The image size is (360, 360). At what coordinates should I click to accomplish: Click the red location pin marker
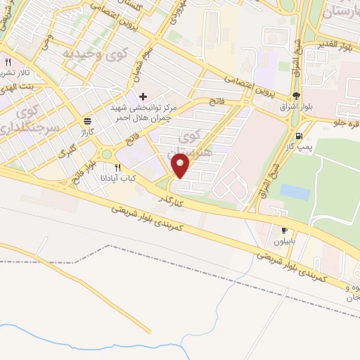(x=181, y=166)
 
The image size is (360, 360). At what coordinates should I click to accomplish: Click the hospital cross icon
(x=143, y=96)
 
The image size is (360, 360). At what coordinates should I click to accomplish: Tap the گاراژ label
(x=86, y=131)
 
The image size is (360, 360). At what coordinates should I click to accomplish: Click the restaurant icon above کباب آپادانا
(x=118, y=168)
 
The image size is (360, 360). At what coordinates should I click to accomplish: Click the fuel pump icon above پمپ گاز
(x=300, y=136)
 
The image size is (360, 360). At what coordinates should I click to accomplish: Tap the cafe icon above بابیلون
(x=285, y=230)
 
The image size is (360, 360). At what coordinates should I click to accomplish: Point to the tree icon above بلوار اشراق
(x=296, y=97)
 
